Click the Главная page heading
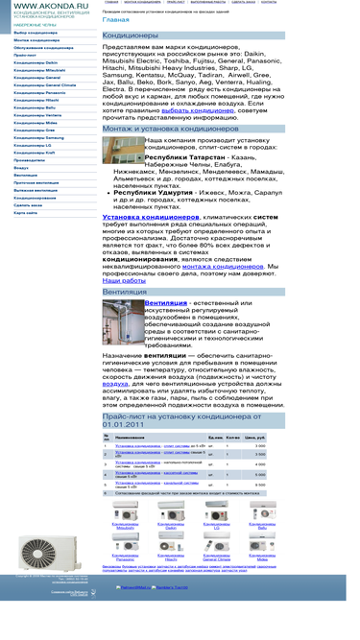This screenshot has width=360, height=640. pos(115,19)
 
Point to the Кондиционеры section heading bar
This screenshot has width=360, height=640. pos(193,36)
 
